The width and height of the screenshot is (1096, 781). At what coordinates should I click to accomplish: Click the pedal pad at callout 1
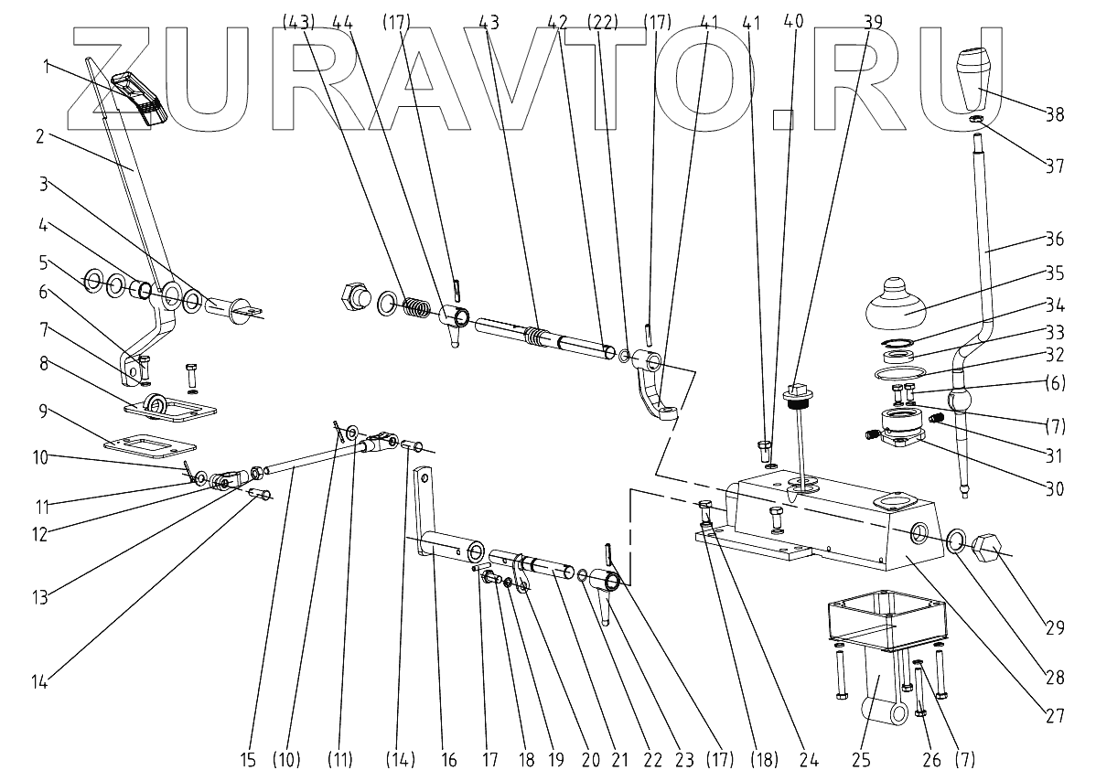(137, 96)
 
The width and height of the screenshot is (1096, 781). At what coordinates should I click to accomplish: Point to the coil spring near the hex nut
(417, 307)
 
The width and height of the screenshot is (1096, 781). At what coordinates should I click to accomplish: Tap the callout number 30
(1055, 489)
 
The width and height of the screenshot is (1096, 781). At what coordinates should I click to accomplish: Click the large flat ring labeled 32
(900, 372)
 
